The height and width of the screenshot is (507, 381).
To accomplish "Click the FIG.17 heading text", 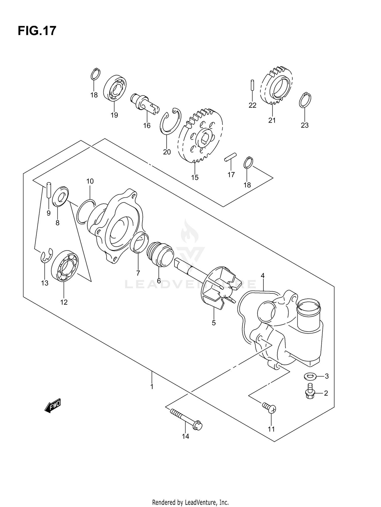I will click(37, 31).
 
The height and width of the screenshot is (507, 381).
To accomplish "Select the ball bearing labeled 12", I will click(65, 266).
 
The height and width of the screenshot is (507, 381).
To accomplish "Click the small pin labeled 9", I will click(49, 190).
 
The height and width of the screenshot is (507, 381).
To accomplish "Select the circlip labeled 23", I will click(305, 100).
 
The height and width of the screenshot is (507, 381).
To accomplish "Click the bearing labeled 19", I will click(115, 87).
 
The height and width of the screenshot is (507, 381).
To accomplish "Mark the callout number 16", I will click(147, 125).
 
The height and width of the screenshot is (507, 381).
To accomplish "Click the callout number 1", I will click(152, 387).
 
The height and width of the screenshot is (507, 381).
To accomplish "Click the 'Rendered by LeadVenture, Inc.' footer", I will click(190, 495).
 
